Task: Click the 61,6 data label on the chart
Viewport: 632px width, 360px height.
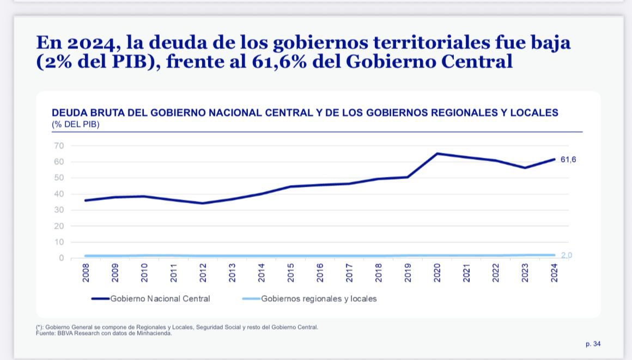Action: click(568, 160)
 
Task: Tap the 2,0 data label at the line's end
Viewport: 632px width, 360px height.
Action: click(567, 255)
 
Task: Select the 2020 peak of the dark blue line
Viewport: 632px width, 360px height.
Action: click(437, 154)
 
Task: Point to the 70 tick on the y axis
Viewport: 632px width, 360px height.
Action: click(59, 145)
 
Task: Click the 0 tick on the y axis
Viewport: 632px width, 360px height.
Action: click(62, 258)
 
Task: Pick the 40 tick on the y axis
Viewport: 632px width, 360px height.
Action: click(59, 194)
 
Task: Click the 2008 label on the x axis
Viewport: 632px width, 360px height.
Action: click(86, 272)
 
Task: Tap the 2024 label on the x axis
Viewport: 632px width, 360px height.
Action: click(554, 272)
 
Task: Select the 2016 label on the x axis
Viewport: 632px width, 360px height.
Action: click(320, 272)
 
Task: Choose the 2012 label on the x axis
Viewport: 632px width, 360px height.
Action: click(203, 272)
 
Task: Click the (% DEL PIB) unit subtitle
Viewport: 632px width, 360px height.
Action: click(76, 124)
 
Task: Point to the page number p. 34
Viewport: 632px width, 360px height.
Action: click(593, 344)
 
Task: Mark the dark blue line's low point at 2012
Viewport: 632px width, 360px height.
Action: click(203, 203)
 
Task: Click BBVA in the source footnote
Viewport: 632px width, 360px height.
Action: click(66, 333)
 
